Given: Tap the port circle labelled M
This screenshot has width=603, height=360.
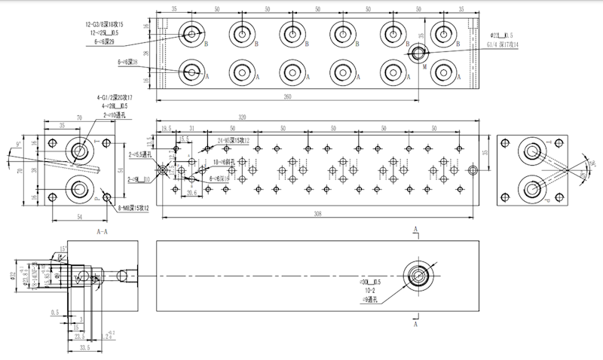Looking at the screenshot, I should click(418, 53).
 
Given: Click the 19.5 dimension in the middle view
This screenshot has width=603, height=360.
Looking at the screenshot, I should click(165, 129).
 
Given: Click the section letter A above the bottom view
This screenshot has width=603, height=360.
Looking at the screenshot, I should click(415, 228).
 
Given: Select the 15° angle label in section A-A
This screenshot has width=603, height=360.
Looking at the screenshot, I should click(65, 248).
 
